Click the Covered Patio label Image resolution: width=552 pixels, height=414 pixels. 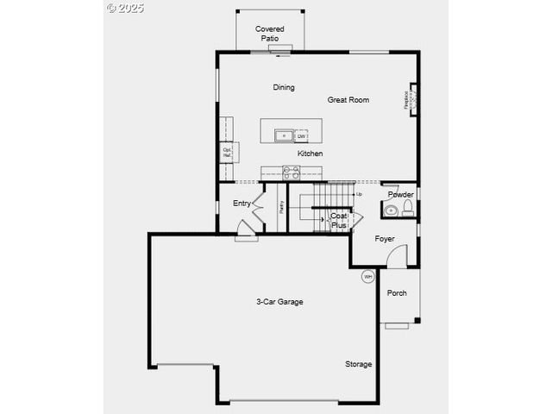point(269,34)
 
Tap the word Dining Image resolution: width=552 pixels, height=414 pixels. point(284,87)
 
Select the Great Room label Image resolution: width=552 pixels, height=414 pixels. point(348,100)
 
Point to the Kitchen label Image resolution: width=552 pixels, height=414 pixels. point(310,154)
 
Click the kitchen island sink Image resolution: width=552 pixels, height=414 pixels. point(284,135)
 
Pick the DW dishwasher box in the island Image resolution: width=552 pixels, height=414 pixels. point(301,136)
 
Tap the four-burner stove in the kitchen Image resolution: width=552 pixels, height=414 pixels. point(291,172)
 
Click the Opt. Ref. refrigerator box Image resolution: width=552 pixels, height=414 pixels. point(228,152)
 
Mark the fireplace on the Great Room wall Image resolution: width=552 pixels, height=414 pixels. point(411,101)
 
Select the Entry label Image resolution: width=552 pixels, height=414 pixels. point(241,204)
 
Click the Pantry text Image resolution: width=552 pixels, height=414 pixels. point(281,207)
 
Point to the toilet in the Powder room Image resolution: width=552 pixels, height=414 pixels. point(408,208)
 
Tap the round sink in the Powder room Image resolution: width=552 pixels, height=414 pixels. point(391,210)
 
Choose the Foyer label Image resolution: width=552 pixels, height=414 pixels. point(385,238)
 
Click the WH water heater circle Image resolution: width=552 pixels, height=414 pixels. point(367,277)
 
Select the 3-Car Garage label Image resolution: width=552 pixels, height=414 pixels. point(279,302)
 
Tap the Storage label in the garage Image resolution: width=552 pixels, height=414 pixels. point(359,364)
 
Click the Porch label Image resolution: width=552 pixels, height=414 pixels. point(397,293)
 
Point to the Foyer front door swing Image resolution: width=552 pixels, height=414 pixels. point(397,256)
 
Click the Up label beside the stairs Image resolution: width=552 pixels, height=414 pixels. point(359,194)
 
